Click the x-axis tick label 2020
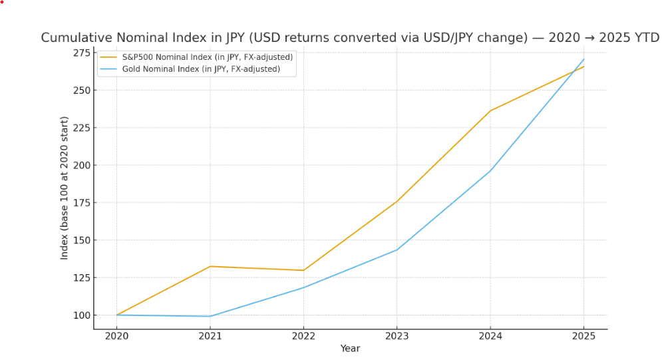(x=116, y=337)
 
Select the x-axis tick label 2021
(x=210, y=337)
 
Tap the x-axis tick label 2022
(x=303, y=337)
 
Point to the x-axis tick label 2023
(x=397, y=337)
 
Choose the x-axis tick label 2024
(x=490, y=337)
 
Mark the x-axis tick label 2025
(x=584, y=337)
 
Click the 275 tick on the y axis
(x=81, y=53)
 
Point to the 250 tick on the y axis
(x=81, y=90)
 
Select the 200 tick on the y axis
(x=81, y=165)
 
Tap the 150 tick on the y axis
(x=81, y=240)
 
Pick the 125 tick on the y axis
(x=81, y=277)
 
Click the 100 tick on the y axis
(x=81, y=315)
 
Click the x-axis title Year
(x=350, y=349)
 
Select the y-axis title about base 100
(x=65, y=188)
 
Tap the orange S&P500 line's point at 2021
(x=210, y=266)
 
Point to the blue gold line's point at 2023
(x=397, y=250)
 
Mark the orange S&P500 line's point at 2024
(x=490, y=110)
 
